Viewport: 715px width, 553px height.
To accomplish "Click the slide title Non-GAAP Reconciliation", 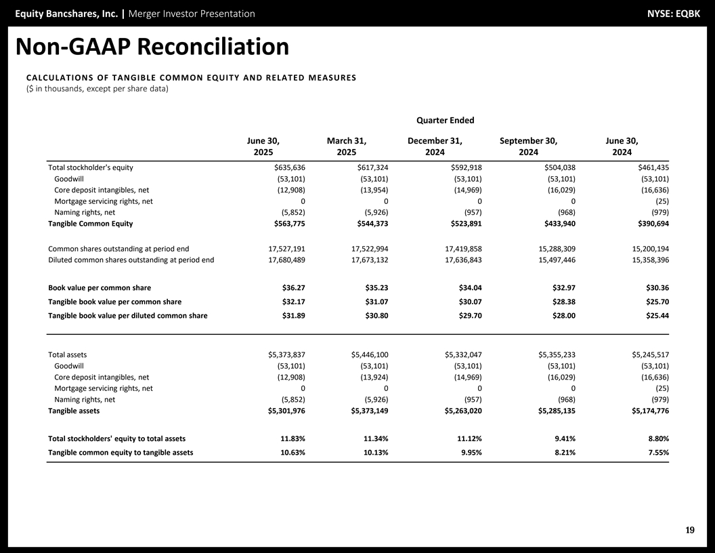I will [152, 47].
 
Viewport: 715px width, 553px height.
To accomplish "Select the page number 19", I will [689, 530].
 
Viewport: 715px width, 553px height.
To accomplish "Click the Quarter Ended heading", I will [445, 121].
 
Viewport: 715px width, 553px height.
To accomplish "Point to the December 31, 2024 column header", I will [435, 146].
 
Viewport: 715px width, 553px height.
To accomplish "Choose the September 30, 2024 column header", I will [528, 146].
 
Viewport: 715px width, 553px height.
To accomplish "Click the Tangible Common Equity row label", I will [90, 224].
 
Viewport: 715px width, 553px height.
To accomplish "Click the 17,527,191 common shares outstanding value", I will [287, 249].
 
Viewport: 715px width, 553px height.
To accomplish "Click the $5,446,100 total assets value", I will [370, 354].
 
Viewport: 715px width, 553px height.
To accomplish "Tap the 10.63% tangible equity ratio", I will [292, 453].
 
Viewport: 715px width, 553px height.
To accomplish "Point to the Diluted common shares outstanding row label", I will [131, 260].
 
